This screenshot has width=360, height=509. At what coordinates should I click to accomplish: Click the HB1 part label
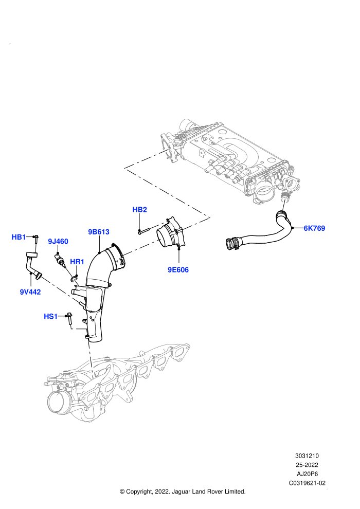19,238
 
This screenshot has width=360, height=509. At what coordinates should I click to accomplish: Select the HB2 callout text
139,210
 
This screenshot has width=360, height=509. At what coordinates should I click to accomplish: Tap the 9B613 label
99,232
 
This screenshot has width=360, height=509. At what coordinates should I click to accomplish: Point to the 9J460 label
58,242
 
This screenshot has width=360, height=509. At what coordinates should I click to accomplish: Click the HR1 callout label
77,262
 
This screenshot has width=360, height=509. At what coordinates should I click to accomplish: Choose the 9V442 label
30,292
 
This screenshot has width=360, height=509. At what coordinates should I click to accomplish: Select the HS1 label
50,316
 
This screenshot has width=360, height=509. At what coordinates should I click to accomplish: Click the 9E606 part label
178,270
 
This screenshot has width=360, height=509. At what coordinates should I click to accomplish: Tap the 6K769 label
314,228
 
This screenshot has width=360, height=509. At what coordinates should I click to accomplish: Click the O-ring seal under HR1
75,278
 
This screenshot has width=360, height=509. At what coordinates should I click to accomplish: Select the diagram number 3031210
307,456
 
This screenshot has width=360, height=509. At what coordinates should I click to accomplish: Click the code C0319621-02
307,483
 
